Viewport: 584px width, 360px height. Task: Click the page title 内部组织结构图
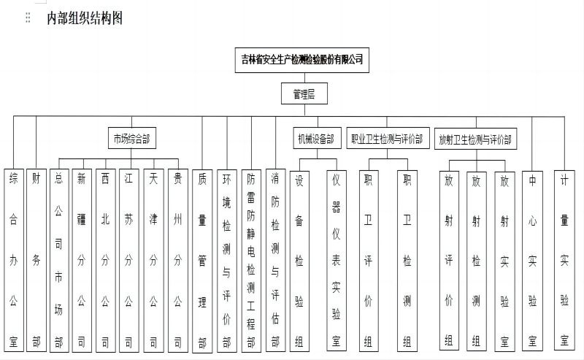[85, 18]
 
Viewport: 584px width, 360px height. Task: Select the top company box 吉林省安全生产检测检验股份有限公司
[302, 60]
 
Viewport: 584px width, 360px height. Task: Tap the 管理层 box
[304, 93]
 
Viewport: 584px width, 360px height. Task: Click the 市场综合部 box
[132, 138]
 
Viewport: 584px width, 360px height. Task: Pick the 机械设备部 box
[317, 138]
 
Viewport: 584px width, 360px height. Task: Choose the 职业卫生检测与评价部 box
[388, 138]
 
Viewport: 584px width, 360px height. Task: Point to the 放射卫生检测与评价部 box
[476, 139]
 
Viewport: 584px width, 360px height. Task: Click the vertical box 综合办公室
[14, 260]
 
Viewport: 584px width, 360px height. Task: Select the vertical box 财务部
[36, 260]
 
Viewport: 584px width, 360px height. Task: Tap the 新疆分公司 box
[82, 260]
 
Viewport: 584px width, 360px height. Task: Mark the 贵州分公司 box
[178, 260]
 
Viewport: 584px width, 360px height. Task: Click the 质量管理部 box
[202, 261]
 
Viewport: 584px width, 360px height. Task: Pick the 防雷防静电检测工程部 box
[251, 261]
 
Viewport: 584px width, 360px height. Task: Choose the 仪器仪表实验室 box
[337, 261]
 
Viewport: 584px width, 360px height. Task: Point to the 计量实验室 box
[564, 261]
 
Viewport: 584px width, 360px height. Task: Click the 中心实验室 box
[532, 261]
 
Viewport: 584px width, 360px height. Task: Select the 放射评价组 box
[449, 261]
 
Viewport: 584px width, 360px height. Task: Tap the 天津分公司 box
[153, 260]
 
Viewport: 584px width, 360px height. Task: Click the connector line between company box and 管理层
[304, 77]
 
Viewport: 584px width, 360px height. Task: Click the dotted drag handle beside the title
[28, 18]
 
